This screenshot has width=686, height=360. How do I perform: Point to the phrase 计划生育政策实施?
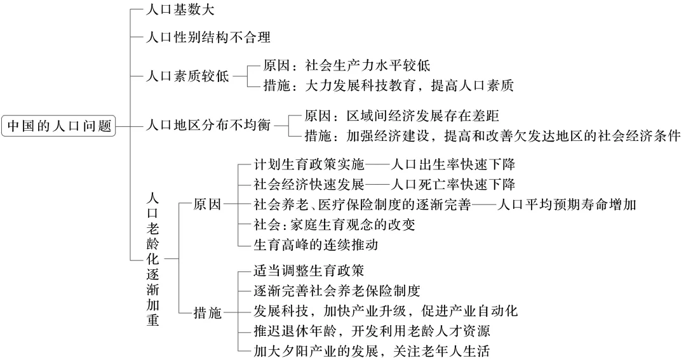point(309,164)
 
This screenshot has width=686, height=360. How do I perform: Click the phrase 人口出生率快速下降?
point(452,164)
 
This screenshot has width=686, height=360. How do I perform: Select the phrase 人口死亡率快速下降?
point(452,184)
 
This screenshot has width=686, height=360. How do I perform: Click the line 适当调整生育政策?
point(309,272)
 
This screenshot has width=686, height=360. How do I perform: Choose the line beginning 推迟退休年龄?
point(373,331)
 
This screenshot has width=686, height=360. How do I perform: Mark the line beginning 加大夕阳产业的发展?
point(373,351)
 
